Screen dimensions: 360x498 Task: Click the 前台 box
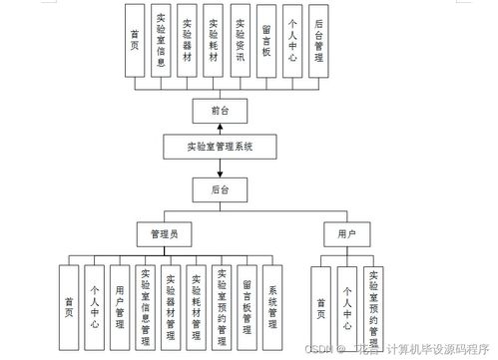(220, 110)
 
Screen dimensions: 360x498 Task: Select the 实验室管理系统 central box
(220, 147)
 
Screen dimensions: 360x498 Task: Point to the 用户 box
(344, 234)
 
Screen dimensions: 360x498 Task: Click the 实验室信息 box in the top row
(161, 40)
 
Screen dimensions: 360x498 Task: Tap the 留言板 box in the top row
(264, 40)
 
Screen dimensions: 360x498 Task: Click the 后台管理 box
(317, 40)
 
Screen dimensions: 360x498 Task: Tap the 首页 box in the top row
(135, 40)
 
